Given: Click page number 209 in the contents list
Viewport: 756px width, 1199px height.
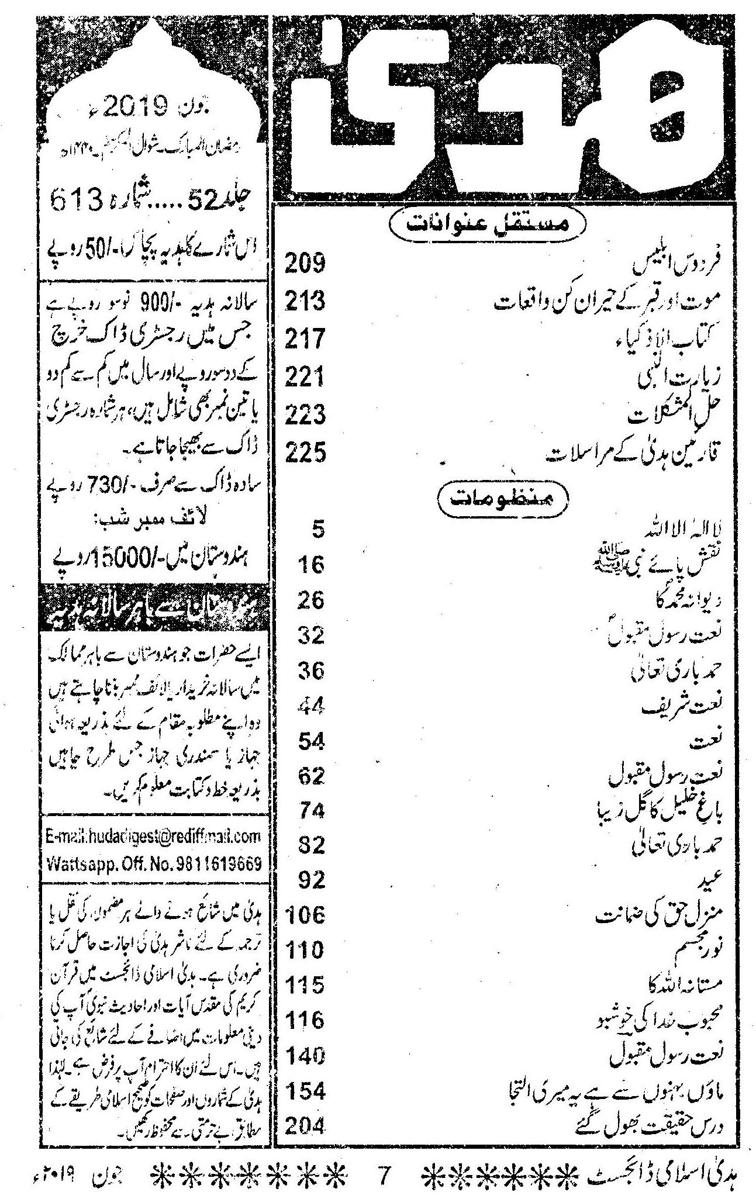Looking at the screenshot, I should pos(305,264).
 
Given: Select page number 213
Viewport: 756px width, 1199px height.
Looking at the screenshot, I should pos(305,302).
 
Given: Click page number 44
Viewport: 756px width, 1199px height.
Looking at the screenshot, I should pos(310,707).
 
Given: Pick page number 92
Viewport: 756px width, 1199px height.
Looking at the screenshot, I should pos(310,880).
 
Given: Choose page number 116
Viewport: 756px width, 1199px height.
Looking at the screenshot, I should pos(305,1020).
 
